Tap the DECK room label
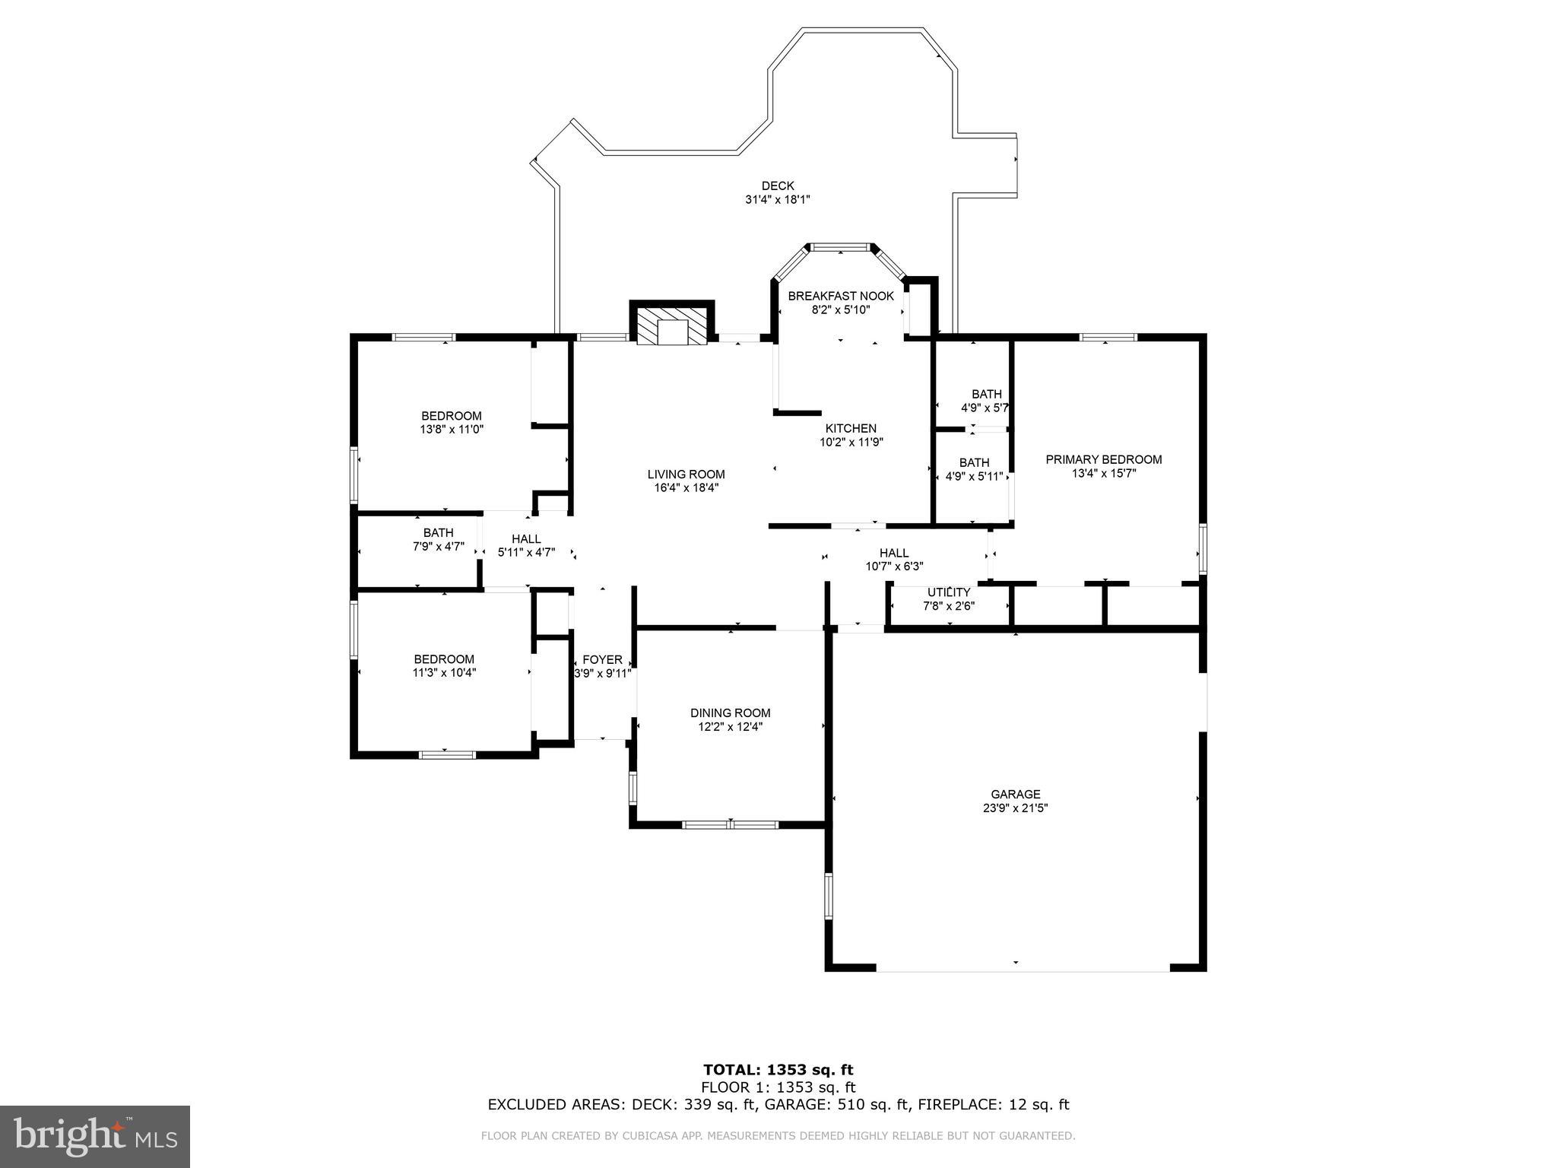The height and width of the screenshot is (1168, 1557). (x=777, y=186)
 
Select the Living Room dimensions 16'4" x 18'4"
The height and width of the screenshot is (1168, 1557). (x=686, y=488)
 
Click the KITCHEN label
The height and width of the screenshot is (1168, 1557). (x=851, y=429)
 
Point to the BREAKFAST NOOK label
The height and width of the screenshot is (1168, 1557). (x=840, y=296)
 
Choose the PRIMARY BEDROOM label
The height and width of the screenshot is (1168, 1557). (x=1103, y=459)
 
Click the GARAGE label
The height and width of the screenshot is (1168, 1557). (x=1015, y=795)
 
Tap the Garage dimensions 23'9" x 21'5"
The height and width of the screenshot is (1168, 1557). (x=1015, y=808)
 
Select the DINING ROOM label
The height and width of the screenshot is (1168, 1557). (x=730, y=713)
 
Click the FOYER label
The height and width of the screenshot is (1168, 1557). (x=602, y=660)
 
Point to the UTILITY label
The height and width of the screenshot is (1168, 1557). (x=948, y=592)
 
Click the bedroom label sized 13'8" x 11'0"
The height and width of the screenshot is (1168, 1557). (x=452, y=416)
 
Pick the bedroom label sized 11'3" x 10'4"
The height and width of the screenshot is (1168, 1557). (x=444, y=659)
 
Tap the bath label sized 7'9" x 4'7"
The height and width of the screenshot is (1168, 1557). (x=438, y=533)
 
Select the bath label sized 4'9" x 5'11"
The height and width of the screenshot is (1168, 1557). (x=974, y=463)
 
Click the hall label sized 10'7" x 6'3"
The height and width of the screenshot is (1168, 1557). (x=894, y=553)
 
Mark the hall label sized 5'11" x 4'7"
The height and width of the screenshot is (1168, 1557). (x=526, y=539)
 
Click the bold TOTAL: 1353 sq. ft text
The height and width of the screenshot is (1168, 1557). (x=778, y=1070)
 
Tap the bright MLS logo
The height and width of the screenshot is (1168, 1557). (x=94, y=1136)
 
